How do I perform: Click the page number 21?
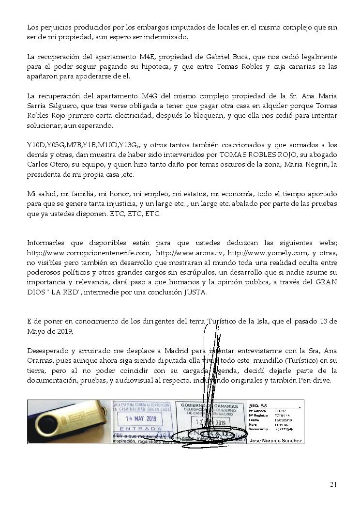[333, 484]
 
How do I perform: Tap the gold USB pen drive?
[68, 421]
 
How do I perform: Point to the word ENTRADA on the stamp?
[140, 429]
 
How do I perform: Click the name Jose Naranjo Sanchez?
[276, 440]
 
